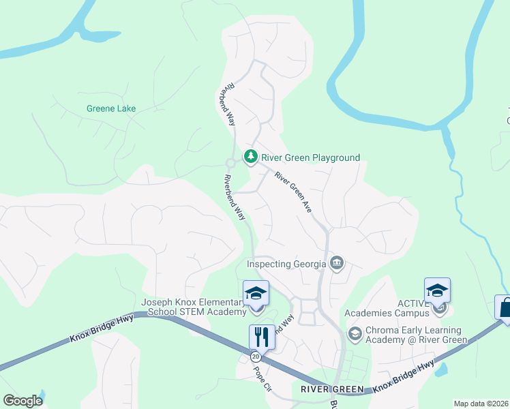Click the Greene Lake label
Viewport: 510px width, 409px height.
[111, 108]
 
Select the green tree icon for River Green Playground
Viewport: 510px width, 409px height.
[251, 157]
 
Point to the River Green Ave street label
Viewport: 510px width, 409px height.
[293, 192]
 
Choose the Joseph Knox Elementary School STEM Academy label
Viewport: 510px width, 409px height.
[193, 307]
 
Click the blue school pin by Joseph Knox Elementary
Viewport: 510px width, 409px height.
[256, 294]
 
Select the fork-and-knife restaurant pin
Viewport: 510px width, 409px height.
[261, 336]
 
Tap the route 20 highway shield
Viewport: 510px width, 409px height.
[256, 357]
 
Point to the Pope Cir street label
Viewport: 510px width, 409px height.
[262, 378]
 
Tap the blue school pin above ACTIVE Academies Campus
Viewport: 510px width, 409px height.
[437, 291]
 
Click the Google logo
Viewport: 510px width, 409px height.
[22, 400]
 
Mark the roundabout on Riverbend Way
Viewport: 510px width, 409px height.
[231, 162]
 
